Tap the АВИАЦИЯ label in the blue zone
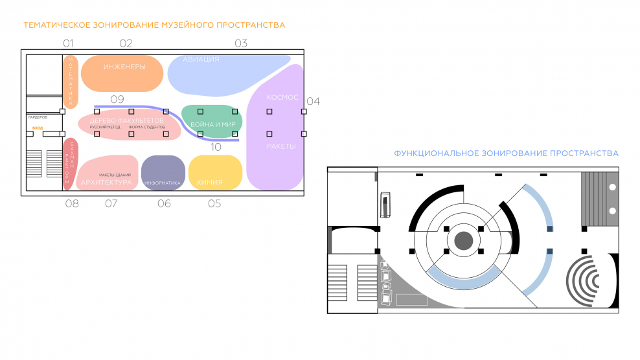pyautogui.click(x=201, y=60)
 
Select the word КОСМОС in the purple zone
pyautogui.click(x=283, y=98)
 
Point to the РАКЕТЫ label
pyautogui.click(x=281, y=146)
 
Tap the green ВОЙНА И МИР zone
pyautogui.click(x=213, y=124)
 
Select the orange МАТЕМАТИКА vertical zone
pyautogui.click(x=71, y=82)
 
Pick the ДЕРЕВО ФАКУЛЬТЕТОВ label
pyautogui.click(x=127, y=121)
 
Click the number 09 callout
pyautogui.click(x=117, y=99)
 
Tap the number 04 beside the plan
pyautogui.click(x=313, y=101)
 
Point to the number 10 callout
pyautogui.click(x=216, y=147)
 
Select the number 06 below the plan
pyautogui.click(x=164, y=203)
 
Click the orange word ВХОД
pyautogui.click(x=38, y=128)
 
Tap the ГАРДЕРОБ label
pyautogui.click(x=38, y=117)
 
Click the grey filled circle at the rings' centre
pyautogui.click(x=463, y=242)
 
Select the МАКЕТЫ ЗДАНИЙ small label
pyautogui.click(x=115, y=175)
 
